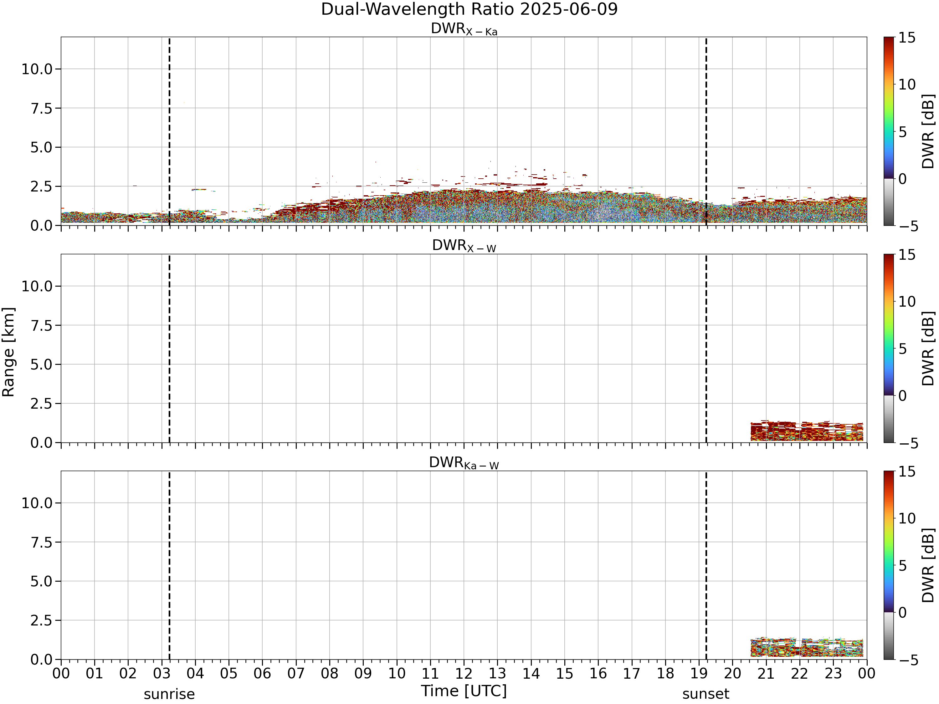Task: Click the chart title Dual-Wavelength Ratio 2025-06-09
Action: tap(469, 9)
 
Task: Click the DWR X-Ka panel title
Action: tap(464, 29)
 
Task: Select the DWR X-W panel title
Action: tap(464, 246)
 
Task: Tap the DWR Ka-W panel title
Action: tap(464, 463)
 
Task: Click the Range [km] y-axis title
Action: tap(8, 352)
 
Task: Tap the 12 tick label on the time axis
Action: tap(464, 673)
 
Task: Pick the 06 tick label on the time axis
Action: tap(262, 673)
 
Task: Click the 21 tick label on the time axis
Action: tap(766, 673)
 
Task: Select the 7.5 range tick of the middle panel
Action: tap(42, 325)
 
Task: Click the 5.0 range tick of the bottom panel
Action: tap(42, 581)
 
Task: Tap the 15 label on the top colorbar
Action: tap(907, 38)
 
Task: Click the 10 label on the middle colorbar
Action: tap(907, 302)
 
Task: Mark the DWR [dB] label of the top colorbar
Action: tap(928, 131)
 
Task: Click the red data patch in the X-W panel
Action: tap(807, 431)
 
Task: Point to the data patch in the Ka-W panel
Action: tap(807, 648)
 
